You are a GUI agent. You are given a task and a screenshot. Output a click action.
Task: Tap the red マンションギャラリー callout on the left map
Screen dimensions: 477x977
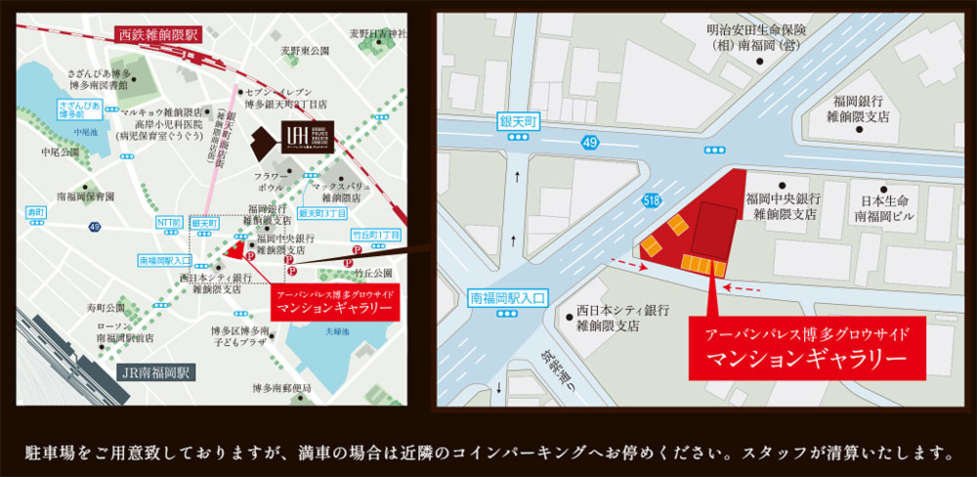pos(334,299)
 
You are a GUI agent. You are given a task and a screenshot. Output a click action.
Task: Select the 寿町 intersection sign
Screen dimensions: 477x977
pos(37,211)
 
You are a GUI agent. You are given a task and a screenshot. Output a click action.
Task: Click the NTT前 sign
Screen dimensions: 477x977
pos(169,224)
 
